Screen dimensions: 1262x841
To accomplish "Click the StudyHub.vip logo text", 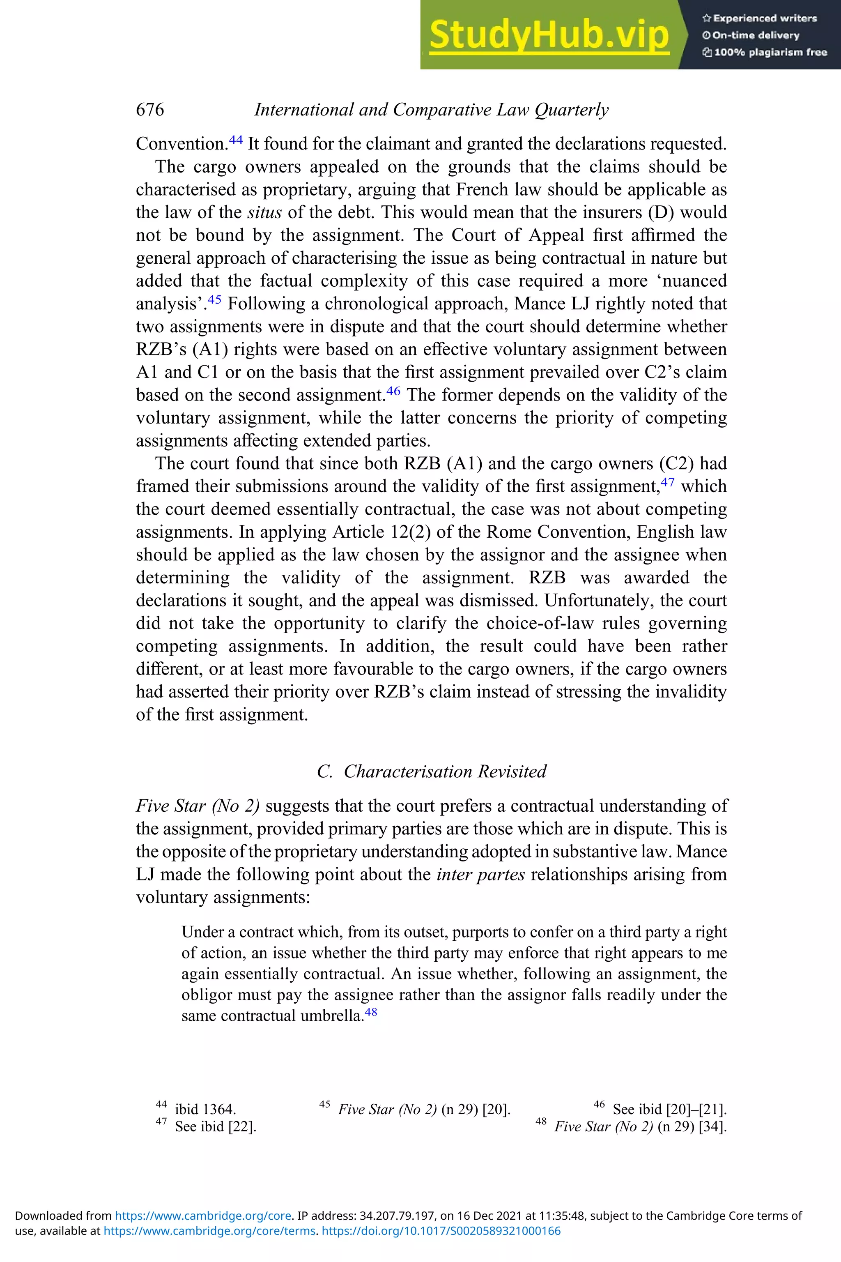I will click(x=549, y=35).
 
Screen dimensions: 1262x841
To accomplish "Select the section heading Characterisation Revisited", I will click(x=445, y=771).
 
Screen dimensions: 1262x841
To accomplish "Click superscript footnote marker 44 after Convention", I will click(x=236, y=140).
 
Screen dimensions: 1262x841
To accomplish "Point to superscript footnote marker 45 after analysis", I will click(x=214, y=299).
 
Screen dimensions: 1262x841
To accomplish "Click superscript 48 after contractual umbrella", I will click(x=371, y=1012).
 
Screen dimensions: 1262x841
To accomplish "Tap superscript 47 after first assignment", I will click(x=668, y=482).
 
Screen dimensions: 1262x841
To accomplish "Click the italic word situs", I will click(x=264, y=212).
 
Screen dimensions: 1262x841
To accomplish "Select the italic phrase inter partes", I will click(x=480, y=874).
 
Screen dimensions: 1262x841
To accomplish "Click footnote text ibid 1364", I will click(x=205, y=1109).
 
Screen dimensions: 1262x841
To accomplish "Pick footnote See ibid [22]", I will click(x=216, y=1126).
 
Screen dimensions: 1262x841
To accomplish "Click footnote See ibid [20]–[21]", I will click(x=669, y=1109).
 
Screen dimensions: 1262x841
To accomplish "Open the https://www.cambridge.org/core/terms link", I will click(x=209, y=1231).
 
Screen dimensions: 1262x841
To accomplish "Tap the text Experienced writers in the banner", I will click(x=764, y=18).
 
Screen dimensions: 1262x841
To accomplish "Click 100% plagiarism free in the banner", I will click(x=770, y=52).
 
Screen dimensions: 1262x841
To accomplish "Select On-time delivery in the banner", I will click(x=755, y=35).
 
